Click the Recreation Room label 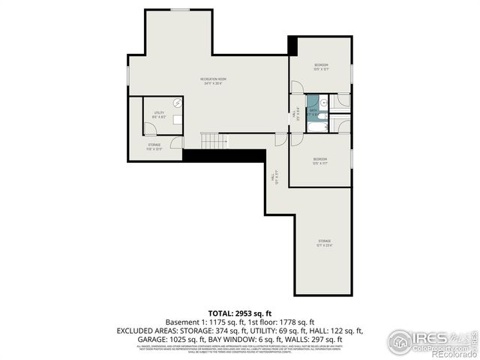[x=213, y=81]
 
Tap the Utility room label [x=158, y=115]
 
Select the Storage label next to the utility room [x=154, y=146]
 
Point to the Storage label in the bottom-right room [x=323, y=243]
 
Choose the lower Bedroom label [x=320, y=160]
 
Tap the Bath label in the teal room [x=312, y=114]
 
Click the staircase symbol [x=214, y=141]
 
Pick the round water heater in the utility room [x=178, y=103]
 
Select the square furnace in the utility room [x=178, y=118]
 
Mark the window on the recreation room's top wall [x=180, y=9]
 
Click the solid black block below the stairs [x=224, y=155]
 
